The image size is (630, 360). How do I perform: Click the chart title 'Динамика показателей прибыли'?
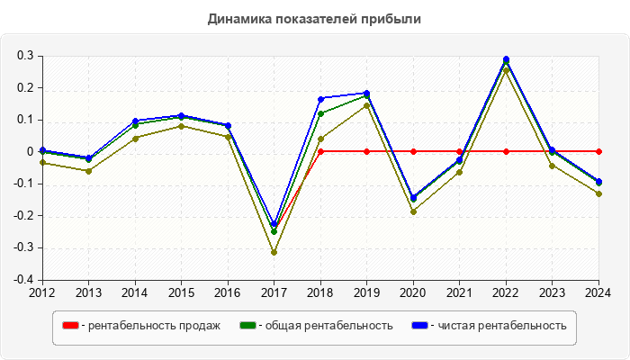pos(314,18)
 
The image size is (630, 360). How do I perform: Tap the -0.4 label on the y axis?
pos(23,279)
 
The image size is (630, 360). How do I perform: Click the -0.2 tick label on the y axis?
pos(23,216)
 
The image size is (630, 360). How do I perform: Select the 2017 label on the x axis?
pos(274,292)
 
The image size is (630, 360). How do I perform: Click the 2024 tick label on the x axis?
pos(598,292)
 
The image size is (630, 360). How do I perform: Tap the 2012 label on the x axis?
pos(42,292)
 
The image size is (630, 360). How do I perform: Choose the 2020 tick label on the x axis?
pos(413,292)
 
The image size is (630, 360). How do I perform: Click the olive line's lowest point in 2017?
pos(274,252)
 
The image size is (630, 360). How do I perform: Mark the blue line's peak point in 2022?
pos(506,59)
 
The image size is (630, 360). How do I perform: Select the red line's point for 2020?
pos(413,151)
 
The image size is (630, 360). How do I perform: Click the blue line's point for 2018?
pos(320,98)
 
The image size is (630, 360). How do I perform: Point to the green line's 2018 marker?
pos(320,113)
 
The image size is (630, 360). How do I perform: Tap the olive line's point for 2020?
pos(413,211)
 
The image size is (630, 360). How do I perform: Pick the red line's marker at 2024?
pos(598,151)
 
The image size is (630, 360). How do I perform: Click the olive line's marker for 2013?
pos(88,171)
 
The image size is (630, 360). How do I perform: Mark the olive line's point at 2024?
pos(598,193)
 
